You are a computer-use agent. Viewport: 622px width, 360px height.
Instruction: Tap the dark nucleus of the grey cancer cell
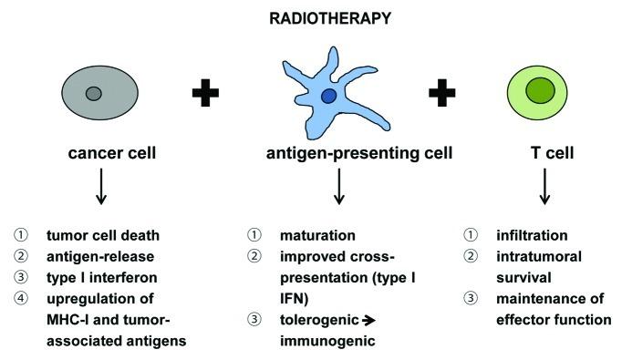[x=93, y=93]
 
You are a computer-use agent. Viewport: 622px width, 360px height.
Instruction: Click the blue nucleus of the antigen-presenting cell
[x=328, y=96]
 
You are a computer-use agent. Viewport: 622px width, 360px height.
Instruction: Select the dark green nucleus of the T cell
[x=540, y=91]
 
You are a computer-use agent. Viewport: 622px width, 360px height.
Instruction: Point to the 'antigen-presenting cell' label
[x=339, y=153]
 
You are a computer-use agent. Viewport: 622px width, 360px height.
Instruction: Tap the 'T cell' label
[x=544, y=153]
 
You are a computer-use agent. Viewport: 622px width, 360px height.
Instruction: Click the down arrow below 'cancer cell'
[x=100, y=188]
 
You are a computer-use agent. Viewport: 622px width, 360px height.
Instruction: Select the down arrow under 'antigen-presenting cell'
[x=339, y=188]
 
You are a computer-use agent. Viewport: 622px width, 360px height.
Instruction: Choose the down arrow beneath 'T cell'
[x=544, y=188]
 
